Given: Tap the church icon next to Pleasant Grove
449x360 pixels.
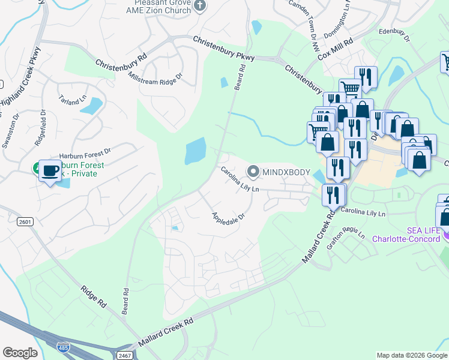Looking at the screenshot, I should pyautogui.click(x=200, y=6).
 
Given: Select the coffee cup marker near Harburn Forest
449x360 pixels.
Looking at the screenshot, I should pyautogui.click(x=50, y=171).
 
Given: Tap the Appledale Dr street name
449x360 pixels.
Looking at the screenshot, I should pyautogui.click(x=228, y=215).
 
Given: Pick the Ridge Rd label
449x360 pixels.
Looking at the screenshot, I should pyautogui.click(x=94, y=298).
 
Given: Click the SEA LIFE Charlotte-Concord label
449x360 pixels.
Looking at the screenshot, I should pyautogui.click(x=408, y=233).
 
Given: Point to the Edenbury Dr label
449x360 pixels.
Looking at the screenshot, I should pyautogui.click(x=394, y=35).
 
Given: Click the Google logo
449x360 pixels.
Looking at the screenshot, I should pyautogui.click(x=20, y=353).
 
